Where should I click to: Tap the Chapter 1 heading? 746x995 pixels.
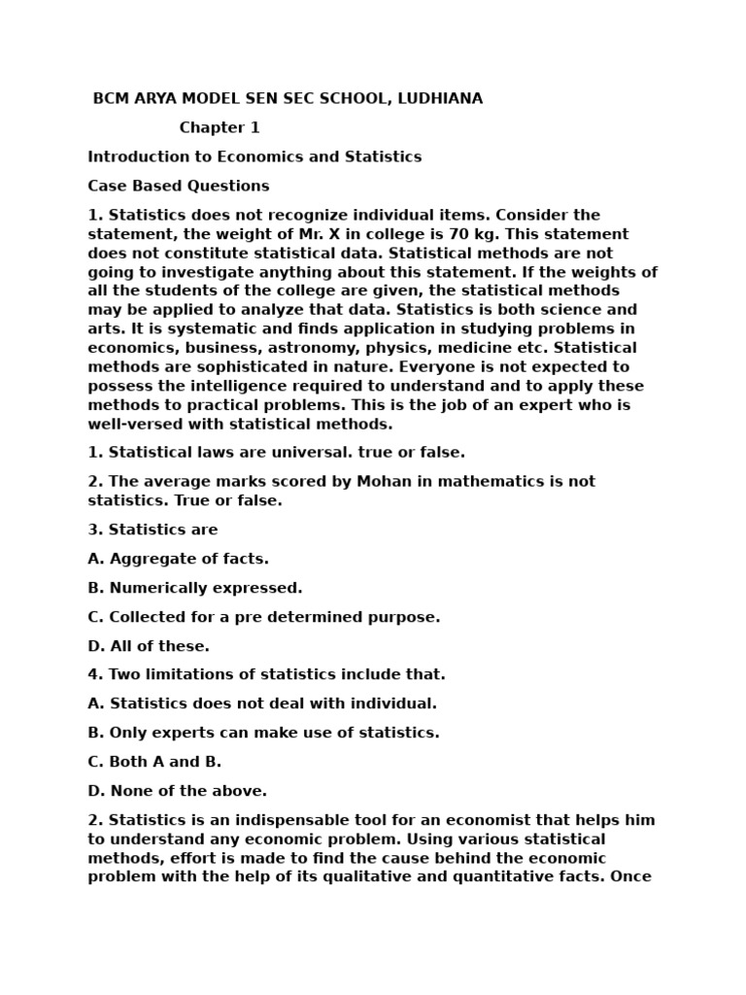click(x=220, y=128)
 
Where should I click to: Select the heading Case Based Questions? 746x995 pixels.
click(x=179, y=186)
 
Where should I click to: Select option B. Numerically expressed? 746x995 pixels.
click(x=195, y=588)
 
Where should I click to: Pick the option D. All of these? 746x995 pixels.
click(x=149, y=646)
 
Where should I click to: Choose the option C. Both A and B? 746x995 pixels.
click(x=154, y=762)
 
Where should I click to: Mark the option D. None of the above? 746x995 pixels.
click(x=178, y=791)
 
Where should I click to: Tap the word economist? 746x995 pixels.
click(x=485, y=820)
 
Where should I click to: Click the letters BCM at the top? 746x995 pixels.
click(x=111, y=99)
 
